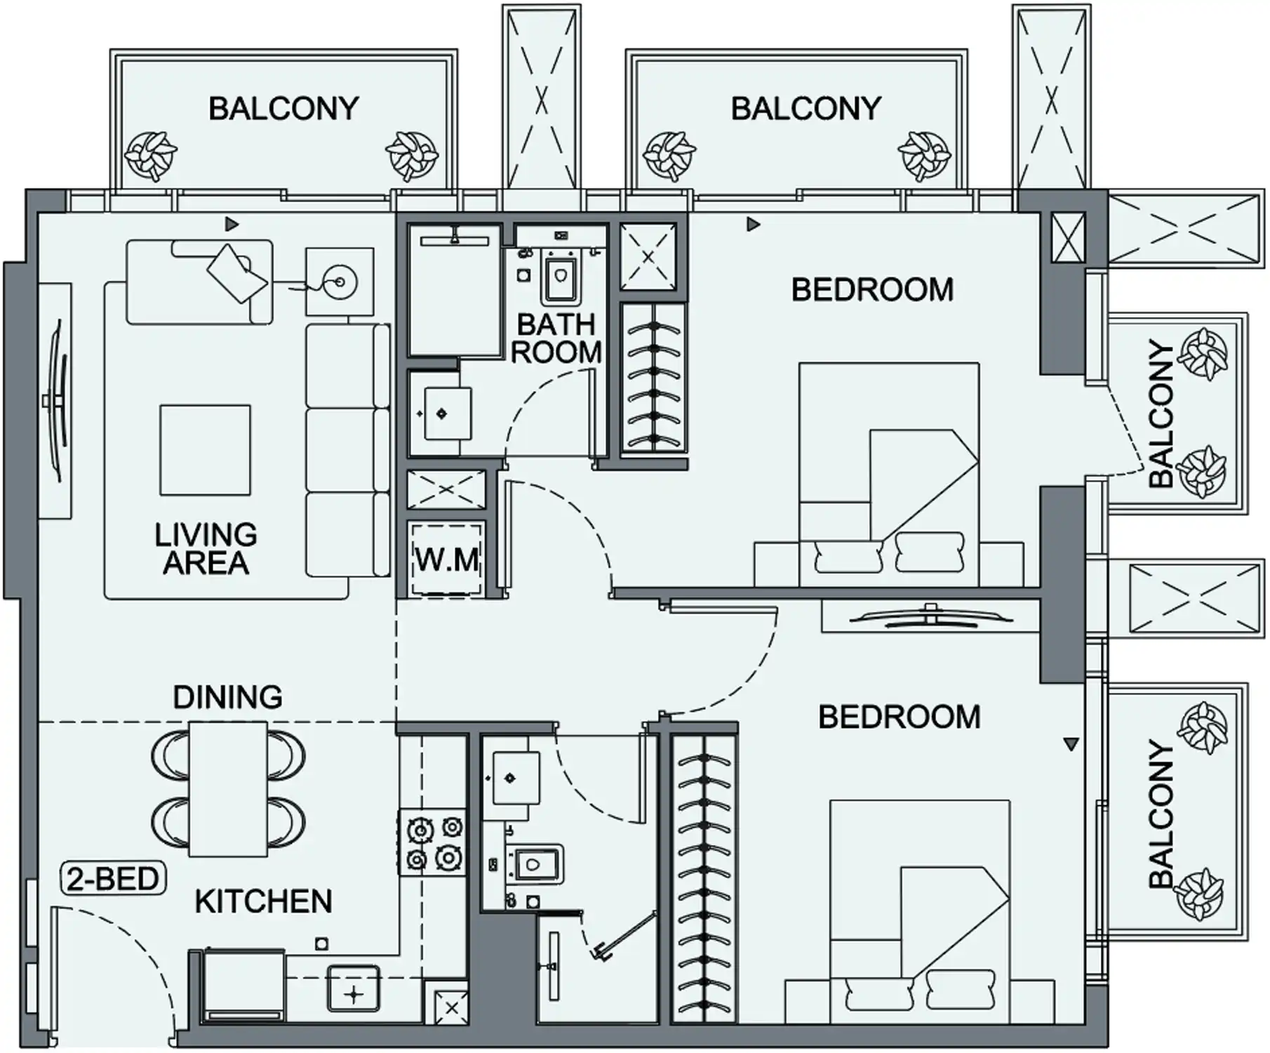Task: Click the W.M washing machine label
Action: (x=447, y=559)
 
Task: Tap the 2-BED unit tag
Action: (x=113, y=879)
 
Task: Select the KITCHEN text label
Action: (x=263, y=902)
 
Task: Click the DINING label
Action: (x=227, y=697)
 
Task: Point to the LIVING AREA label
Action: (x=206, y=549)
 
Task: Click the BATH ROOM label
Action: (x=556, y=338)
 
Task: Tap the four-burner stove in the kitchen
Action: (x=432, y=842)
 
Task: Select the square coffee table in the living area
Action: (x=205, y=450)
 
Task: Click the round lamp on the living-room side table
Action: (x=340, y=282)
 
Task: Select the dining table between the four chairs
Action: (x=227, y=789)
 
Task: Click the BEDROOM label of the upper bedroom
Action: (x=872, y=290)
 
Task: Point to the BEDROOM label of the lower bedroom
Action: (x=899, y=717)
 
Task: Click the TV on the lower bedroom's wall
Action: (x=931, y=616)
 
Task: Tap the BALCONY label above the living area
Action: (x=283, y=109)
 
